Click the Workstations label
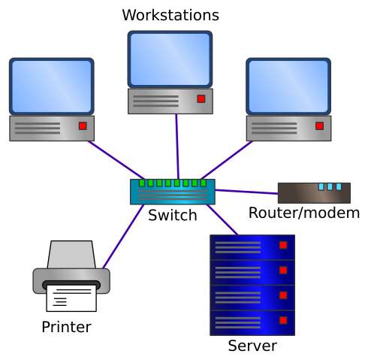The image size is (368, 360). click(170, 15)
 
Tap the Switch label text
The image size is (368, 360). click(173, 215)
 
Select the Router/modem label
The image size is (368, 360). click(304, 213)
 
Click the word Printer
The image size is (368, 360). click(66, 327)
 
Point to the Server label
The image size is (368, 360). click(252, 346)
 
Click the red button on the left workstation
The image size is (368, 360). click(83, 126)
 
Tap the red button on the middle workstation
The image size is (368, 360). click(201, 98)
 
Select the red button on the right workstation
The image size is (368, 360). click(319, 126)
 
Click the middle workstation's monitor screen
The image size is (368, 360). click(170, 59)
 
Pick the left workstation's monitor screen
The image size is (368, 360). click(52, 86)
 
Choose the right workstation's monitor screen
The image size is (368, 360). click(288, 86)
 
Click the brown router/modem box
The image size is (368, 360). click(314, 193)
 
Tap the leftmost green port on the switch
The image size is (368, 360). click(142, 183)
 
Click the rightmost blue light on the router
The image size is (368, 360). click(339, 186)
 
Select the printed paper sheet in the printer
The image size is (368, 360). click(71, 298)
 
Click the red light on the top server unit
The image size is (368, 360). click(283, 245)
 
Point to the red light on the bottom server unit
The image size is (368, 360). click(283, 320)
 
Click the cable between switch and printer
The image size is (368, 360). click(123, 237)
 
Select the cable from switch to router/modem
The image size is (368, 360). click(246, 192)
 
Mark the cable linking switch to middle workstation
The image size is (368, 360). click(177, 147)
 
